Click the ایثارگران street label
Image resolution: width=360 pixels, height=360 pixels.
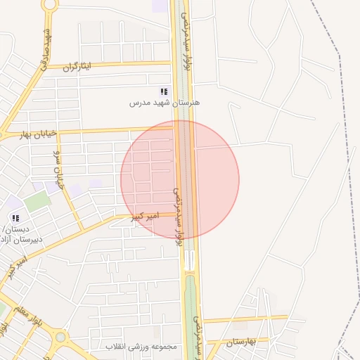pyautogui.click(x=77, y=67)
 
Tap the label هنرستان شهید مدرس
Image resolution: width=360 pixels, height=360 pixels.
pyautogui.click(x=165, y=103)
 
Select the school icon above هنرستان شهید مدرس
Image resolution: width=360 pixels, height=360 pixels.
pyautogui.click(x=164, y=92)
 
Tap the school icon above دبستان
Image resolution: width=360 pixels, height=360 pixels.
pyautogui.click(x=15, y=218)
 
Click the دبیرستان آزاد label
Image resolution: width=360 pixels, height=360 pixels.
pyautogui.click(x=22, y=239)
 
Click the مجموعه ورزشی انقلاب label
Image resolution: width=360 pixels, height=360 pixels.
pyautogui.click(x=143, y=347)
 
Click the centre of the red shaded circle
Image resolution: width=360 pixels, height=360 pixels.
pyautogui.click(x=180, y=179)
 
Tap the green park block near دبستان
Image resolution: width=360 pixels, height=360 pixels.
pyautogui.click(x=37, y=202)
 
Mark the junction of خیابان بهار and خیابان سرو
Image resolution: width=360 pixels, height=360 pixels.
pyautogui.click(x=53, y=132)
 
